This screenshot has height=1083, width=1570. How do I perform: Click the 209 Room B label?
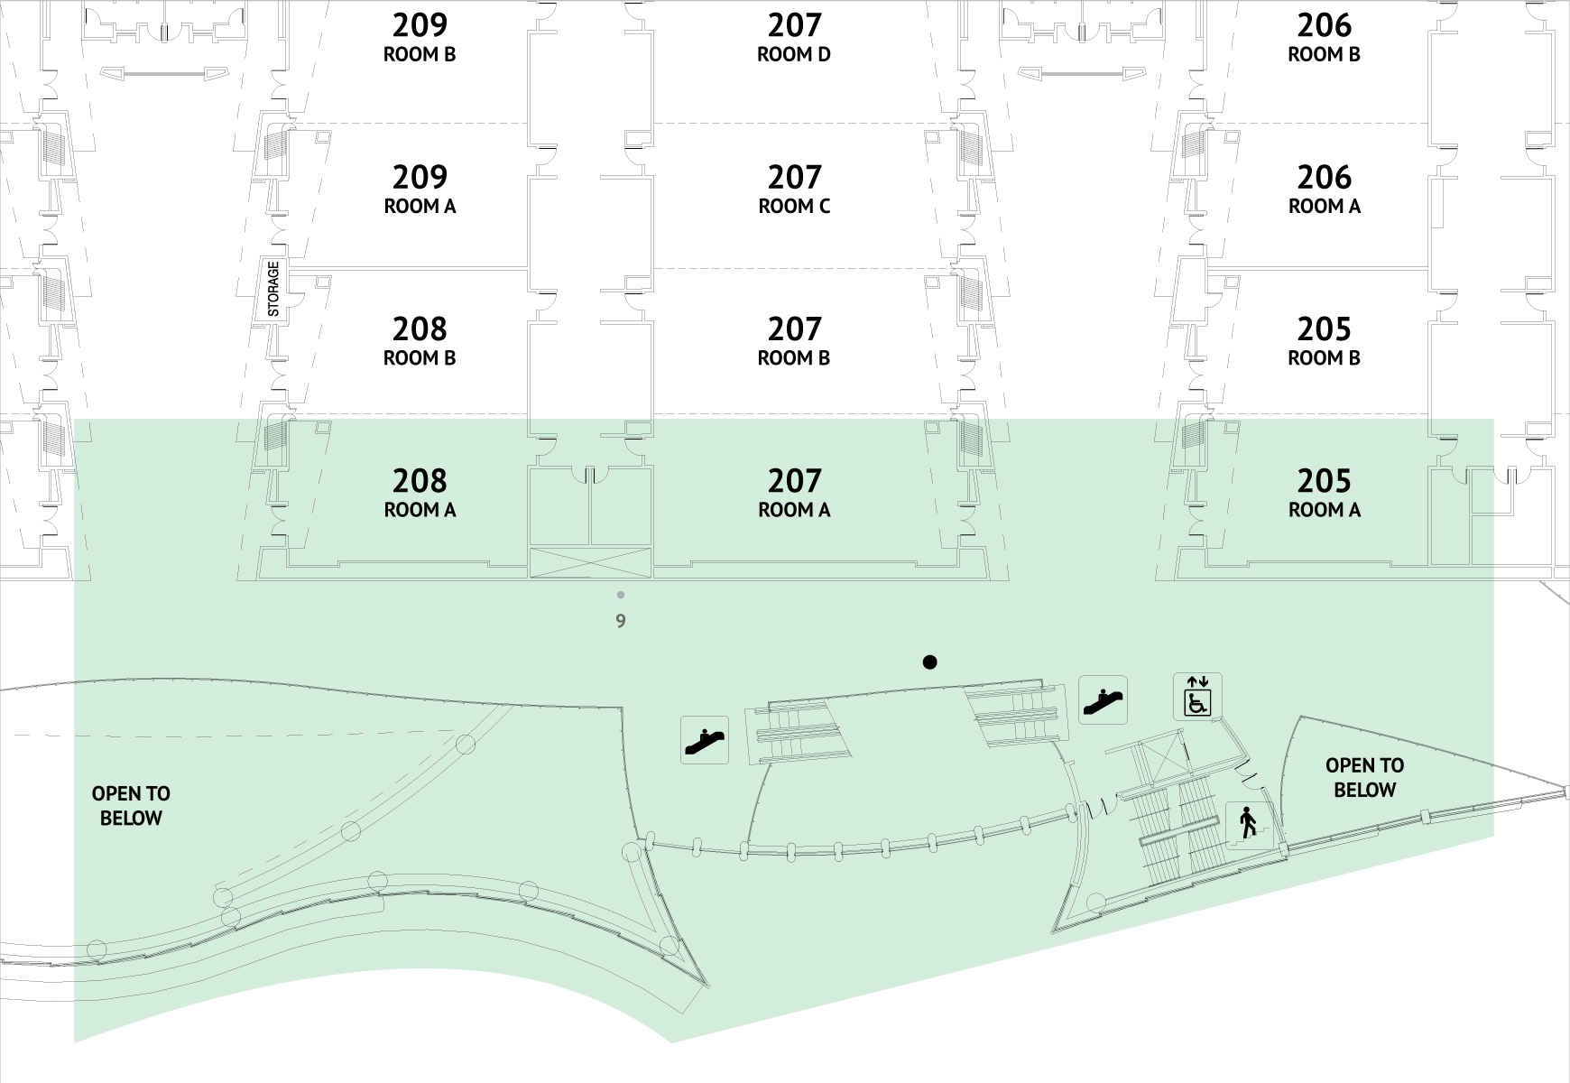420,38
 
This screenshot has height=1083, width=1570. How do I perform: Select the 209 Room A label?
420,190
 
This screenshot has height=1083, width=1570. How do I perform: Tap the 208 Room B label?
420,341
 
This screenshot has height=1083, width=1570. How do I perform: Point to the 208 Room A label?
420,493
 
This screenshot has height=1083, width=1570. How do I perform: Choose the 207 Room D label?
794,38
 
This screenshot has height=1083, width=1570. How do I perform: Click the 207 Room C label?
794,190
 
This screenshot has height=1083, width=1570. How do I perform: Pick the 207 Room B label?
794,341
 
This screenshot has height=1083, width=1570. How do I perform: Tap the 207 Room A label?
794,493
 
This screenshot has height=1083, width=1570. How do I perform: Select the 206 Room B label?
1325,38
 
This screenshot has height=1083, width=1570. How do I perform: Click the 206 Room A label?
1325,190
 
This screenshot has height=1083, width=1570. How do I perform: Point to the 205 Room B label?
1325,341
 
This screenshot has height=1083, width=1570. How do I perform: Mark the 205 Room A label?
1325,493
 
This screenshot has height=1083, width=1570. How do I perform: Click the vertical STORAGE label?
273,289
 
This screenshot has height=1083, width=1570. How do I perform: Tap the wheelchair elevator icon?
1197,697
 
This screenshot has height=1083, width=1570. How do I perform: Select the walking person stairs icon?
1249,825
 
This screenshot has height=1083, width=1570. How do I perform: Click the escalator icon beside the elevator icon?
1103,699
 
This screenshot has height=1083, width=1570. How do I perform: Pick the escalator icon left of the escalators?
705,739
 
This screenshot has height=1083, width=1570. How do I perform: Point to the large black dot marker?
929,662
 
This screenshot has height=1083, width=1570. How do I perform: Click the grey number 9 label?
621,621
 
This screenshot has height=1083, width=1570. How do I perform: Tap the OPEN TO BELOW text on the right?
1364,777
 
